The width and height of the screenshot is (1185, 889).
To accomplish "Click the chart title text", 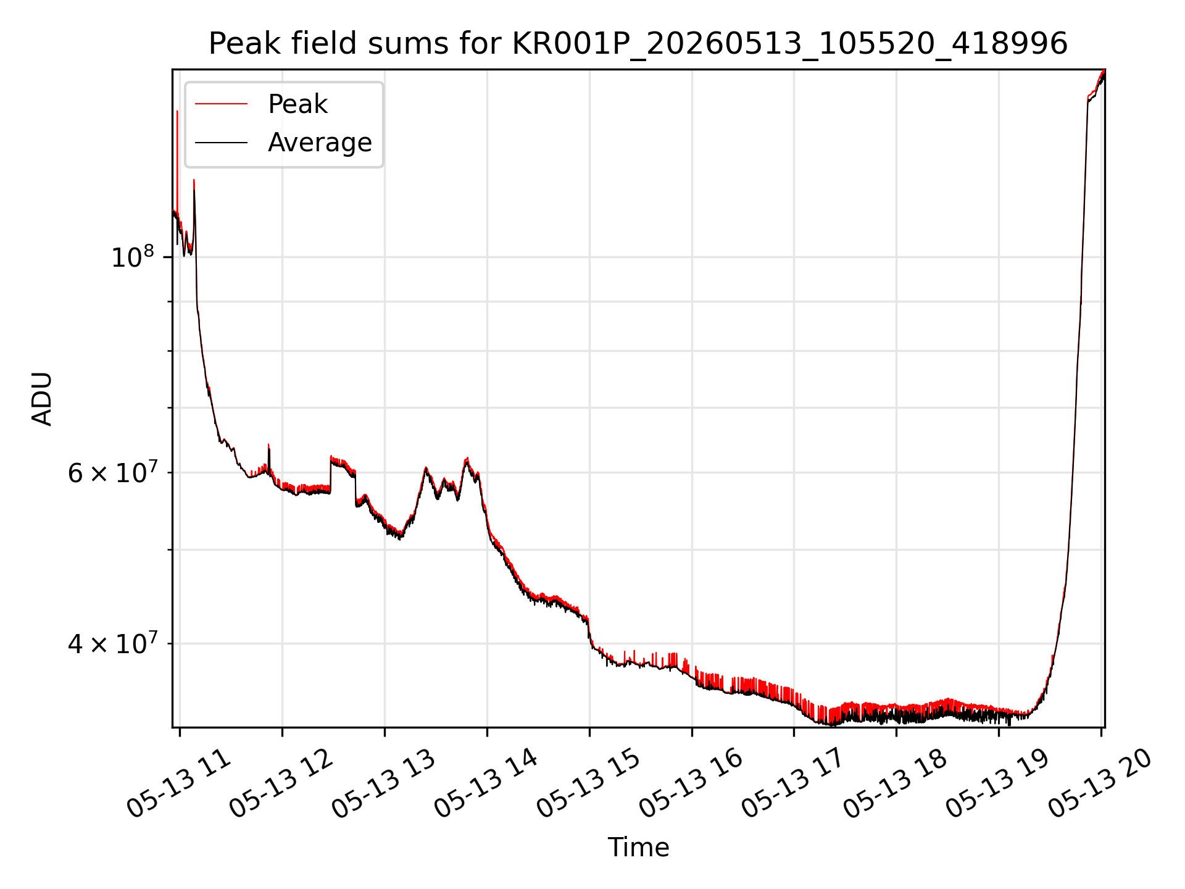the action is (638, 44).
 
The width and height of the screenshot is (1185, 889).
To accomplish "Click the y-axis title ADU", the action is (42, 399).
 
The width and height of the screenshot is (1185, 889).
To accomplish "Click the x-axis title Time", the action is (638, 848).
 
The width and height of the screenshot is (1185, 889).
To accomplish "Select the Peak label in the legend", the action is (297, 104).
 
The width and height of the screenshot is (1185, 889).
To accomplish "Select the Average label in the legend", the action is (320, 143).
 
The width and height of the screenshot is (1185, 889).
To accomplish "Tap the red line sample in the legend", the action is (221, 104).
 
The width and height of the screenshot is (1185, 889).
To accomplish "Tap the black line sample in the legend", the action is (221, 143).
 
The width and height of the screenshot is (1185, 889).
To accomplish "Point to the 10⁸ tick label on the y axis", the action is (132, 256).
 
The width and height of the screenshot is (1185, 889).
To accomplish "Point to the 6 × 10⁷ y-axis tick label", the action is (111, 472).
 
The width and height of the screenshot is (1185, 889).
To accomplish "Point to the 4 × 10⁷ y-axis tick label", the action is (111, 643).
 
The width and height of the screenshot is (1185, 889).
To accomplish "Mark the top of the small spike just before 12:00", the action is (268, 444).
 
